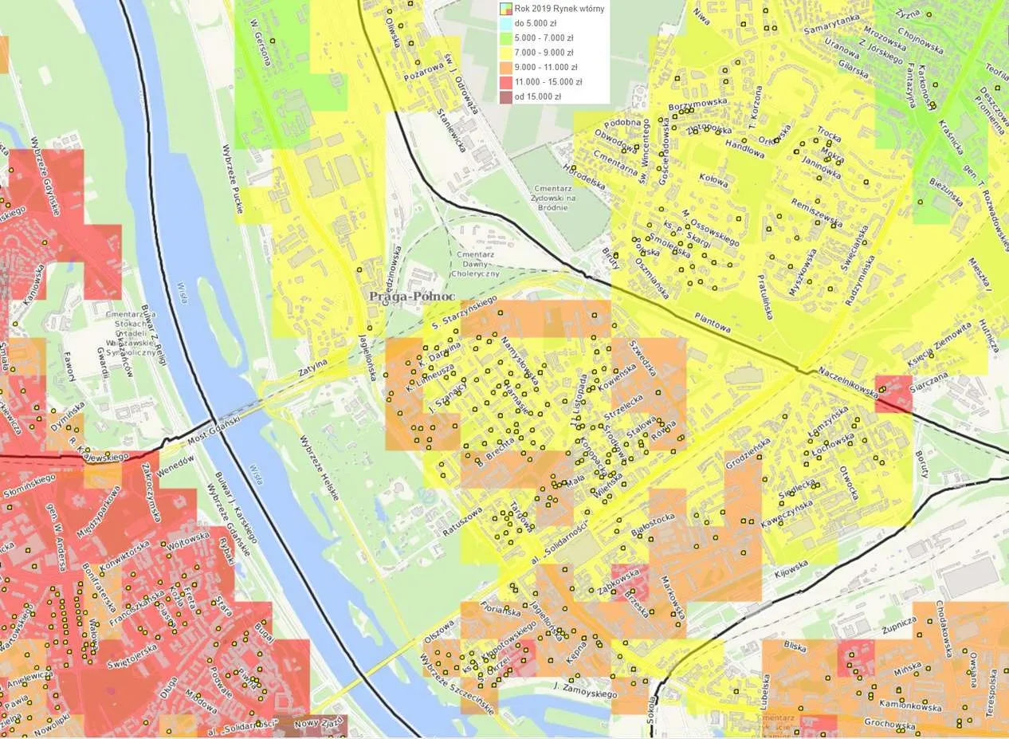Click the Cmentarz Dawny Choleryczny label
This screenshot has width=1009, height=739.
click(476, 263)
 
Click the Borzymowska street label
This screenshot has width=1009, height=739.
click(699, 103)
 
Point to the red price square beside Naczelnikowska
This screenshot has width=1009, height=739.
click(893, 393)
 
